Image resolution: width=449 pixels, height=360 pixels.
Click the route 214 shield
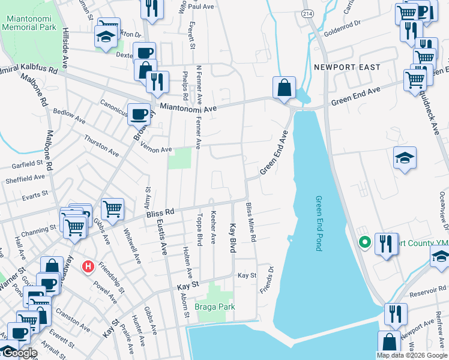307,13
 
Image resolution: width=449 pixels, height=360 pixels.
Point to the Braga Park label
215,307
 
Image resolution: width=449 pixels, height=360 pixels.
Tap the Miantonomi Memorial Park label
29,23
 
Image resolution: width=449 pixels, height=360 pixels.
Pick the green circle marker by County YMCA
364,243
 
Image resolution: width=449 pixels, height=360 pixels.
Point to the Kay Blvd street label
232,238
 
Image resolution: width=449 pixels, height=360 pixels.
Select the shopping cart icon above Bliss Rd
112,209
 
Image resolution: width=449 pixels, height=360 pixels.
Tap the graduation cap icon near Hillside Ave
106,37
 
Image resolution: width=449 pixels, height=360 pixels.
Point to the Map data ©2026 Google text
411,355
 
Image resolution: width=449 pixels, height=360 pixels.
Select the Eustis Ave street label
161,237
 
